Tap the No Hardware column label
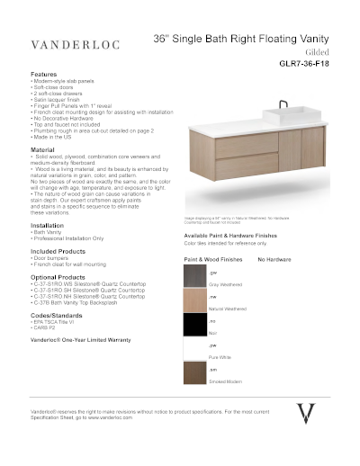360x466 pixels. click(274, 258)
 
